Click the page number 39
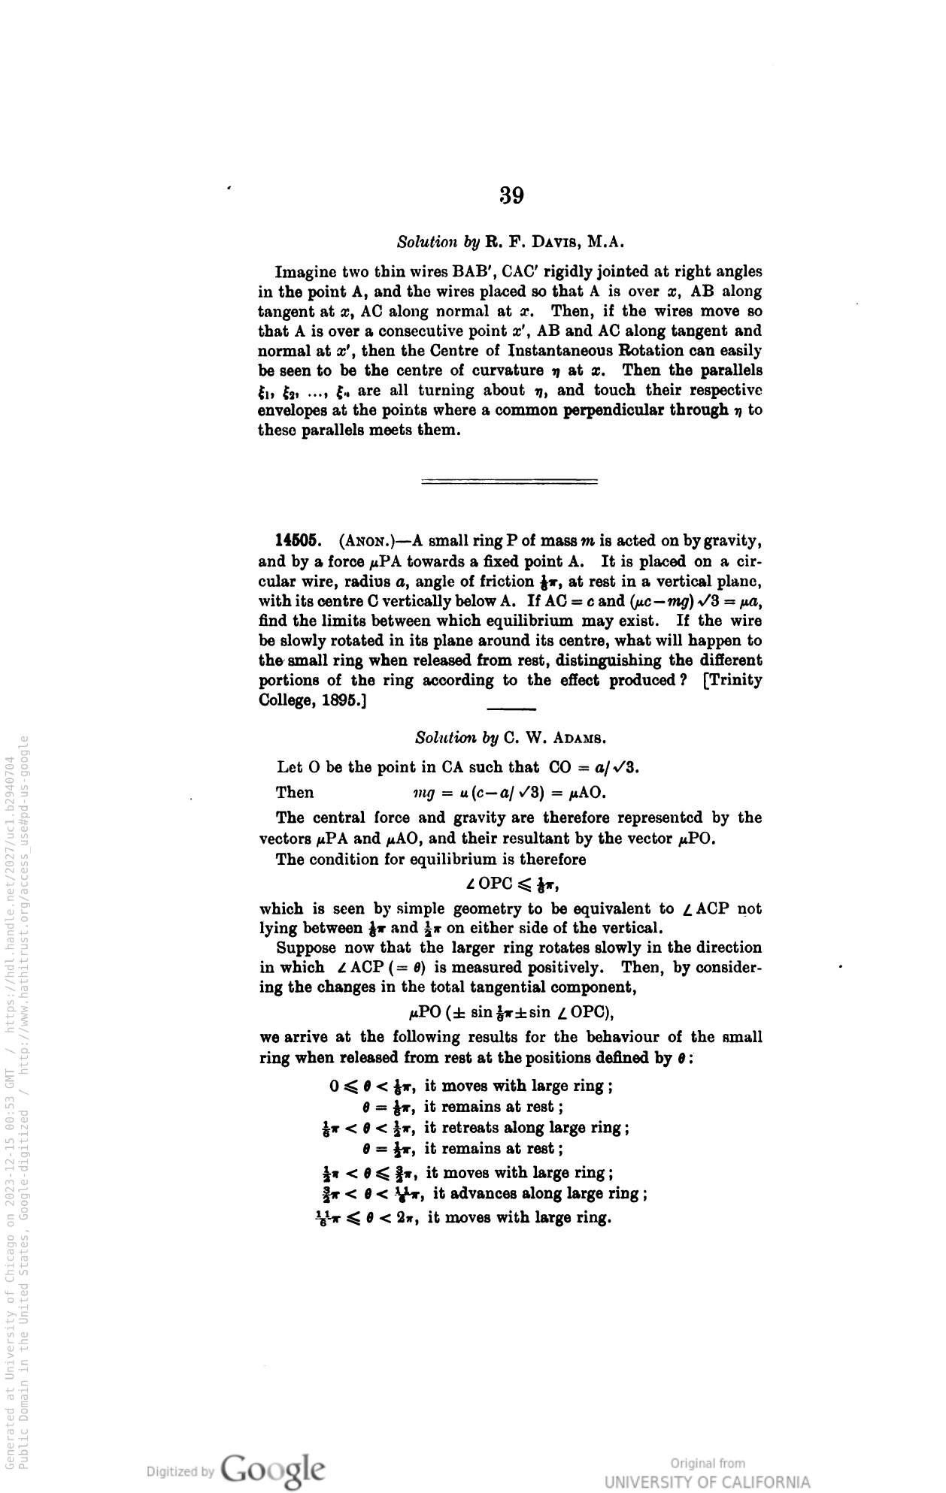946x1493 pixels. (511, 195)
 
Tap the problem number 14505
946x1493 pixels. (299, 541)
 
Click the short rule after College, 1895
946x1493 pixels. (511, 709)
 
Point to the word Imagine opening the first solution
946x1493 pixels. (305, 271)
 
